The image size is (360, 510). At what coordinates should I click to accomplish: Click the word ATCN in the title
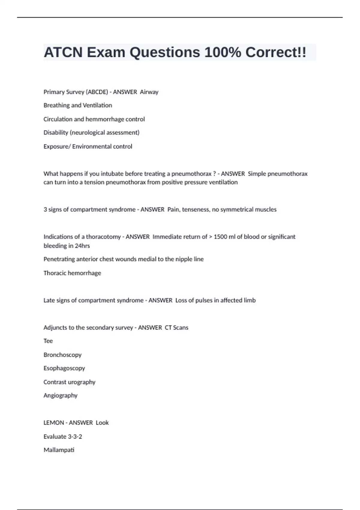click(x=63, y=52)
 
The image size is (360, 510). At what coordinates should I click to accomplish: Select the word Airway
click(x=149, y=92)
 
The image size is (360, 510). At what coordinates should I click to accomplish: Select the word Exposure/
click(x=57, y=147)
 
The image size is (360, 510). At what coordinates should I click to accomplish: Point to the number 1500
click(x=220, y=237)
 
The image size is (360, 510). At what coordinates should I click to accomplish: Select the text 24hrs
click(x=82, y=246)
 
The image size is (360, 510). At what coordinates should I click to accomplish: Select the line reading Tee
click(x=48, y=341)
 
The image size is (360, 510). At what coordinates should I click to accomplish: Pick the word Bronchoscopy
click(x=62, y=355)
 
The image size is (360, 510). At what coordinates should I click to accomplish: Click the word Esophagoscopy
click(x=64, y=368)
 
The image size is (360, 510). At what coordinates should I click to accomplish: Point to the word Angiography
click(x=60, y=396)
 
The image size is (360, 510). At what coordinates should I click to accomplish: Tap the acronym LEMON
click(x=54, y=423)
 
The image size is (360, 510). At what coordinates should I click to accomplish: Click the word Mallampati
click(x=59, y=450)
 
